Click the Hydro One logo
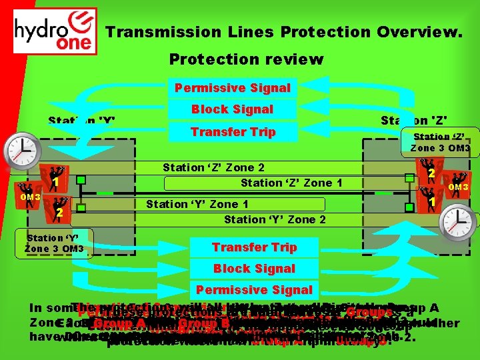point(55,31)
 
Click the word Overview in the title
point(419,31)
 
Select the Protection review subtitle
point(245,60)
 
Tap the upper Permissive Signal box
point(232,88)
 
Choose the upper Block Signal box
point(232,109)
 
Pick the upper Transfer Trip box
point(233,132)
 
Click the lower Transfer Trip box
point(254,247)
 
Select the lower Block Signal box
point(254,269)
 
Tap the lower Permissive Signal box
point(254,290)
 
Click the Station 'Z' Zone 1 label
point(291,183)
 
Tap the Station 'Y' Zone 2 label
point(275,219)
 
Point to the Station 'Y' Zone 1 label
point(197,205)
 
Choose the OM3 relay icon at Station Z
point(457,185)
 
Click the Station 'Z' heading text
point(413,121)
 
